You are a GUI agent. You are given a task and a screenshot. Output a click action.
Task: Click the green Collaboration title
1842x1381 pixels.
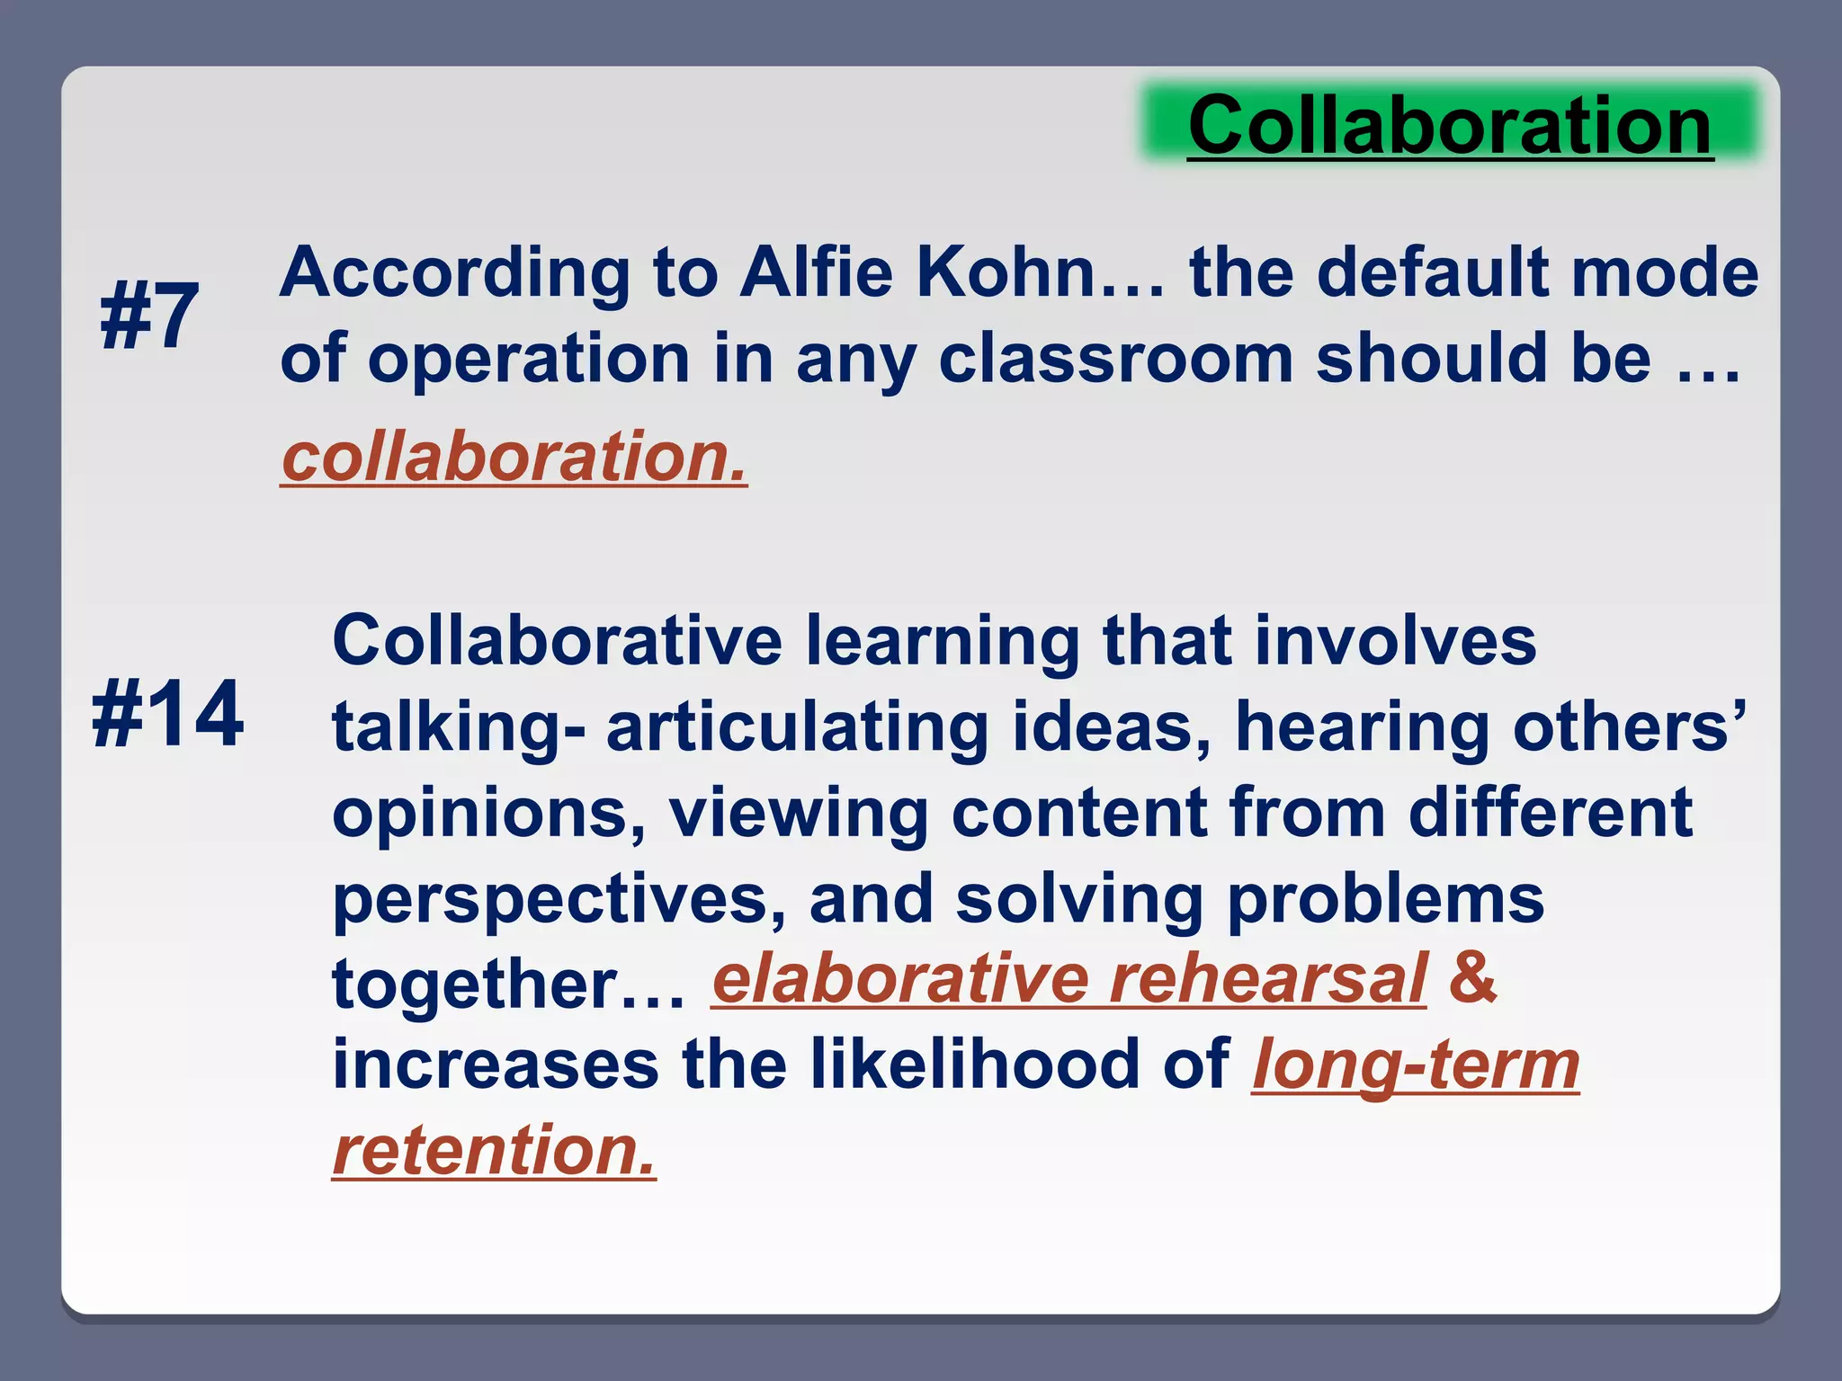pos(1450,126)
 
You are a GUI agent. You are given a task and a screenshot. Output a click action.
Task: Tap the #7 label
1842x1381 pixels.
pos(149,316)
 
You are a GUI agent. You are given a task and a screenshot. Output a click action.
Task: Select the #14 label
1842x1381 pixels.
pos(167,714)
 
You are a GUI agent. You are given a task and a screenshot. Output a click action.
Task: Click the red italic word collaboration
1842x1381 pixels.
pos(514,457)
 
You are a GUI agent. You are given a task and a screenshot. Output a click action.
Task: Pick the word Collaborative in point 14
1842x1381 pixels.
pos(558,641)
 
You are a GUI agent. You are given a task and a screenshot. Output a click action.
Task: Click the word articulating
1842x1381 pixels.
pos(798,727)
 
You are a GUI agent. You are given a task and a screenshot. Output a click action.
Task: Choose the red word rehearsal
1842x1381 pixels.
pos(1268,979)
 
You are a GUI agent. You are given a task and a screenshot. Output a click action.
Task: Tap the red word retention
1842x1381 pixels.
pos(494,1151)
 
